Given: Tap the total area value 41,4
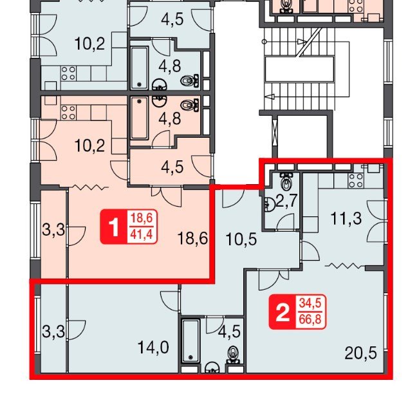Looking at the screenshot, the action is (x=142, y=235).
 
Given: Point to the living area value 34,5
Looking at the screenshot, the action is (x=310, y=304).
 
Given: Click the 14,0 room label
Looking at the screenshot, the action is (x=153, y=348).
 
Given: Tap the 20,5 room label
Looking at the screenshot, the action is (x=360, y=353).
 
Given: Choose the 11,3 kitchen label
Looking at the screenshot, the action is (x=346, y=219).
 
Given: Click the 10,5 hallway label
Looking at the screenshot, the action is (x=241, y=239).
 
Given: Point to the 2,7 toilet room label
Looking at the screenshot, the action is (x=286, y=202).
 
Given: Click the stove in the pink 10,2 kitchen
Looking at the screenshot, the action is (x=68, y=113).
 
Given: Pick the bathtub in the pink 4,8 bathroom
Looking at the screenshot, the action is (x=139, y=118).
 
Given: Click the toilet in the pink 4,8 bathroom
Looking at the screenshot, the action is (x=190, y=105).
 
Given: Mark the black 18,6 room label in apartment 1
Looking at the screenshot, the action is (x=192, y=238).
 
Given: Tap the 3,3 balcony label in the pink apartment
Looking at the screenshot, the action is (x=53, y=230).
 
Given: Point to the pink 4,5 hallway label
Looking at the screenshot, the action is (x=172, y=167).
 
